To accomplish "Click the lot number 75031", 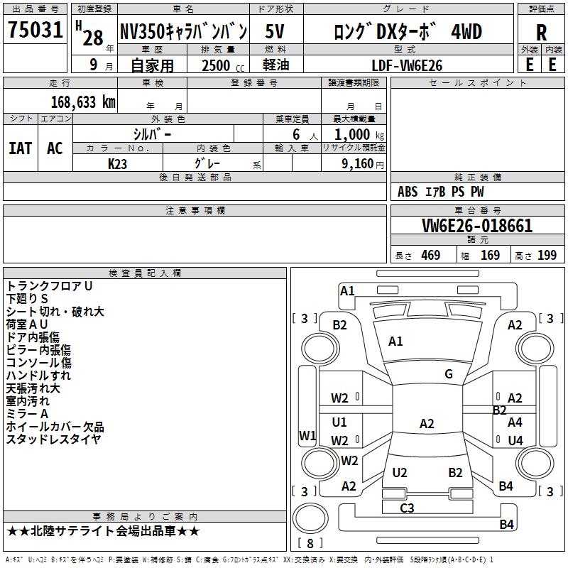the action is click(x=35, y=30).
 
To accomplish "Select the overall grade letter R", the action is click(x=541, y=33).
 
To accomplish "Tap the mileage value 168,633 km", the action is click(x=83, y=102).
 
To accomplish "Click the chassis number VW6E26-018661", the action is click(x=477, y=226).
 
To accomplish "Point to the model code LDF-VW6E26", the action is click(x=407, y=65).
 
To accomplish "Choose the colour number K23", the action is click(x=117, y=164).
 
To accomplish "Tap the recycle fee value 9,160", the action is click(x=357, y=164).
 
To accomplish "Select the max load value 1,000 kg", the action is click(x=359, y=135).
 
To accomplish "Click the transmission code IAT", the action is click(x=21, y=148).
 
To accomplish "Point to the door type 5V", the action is click(x=275, y=31).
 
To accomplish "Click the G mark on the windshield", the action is click(x=449, y=374).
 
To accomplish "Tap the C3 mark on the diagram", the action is click(x=407, y=508).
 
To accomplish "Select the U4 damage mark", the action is click(x=515, y=440).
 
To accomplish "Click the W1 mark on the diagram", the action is click(x=307, y=435).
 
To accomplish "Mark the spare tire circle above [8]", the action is click(x=310, y=518).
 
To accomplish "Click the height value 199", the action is click(x=547, y=256).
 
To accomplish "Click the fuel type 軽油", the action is click(x=276, y=65).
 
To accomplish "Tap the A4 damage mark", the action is click(x=515, y=422).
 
